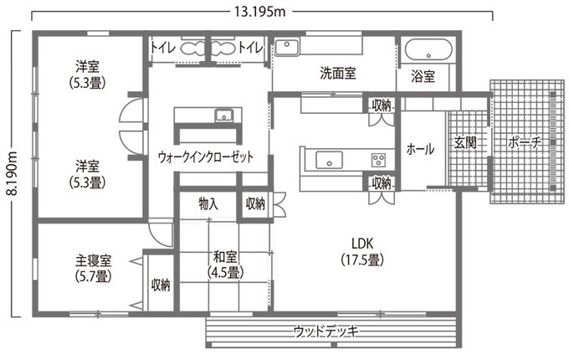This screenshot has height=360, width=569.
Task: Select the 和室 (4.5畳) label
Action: point(223,265)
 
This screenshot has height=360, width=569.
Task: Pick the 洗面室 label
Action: point(338,74)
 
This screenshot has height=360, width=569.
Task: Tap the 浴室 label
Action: point(423,76)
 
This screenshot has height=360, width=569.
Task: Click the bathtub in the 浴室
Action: point(428,49)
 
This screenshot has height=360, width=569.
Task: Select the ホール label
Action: point(419,149)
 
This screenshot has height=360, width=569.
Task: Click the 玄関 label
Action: point(465,143)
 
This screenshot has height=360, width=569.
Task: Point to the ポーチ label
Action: point(525,143)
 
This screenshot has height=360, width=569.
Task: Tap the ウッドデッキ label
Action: point(326,332)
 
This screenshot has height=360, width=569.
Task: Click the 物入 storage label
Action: point(208,203)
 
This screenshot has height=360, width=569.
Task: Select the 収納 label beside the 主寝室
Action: point(161,285)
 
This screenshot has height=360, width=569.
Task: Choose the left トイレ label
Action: point(162,48)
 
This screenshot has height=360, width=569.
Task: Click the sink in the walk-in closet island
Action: point(223,116)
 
